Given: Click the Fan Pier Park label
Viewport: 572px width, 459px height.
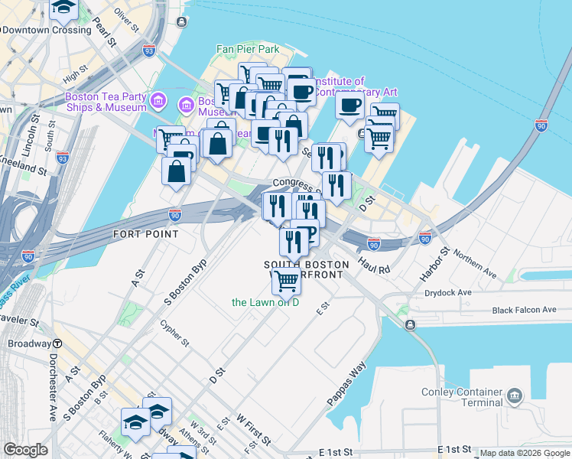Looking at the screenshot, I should click(248, 49).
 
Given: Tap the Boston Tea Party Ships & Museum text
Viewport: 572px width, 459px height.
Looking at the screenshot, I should click(106, 102).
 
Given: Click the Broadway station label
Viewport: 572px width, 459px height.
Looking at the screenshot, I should click(29, 344).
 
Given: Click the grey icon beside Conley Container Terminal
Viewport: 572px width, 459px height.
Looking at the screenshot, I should click(515, 396).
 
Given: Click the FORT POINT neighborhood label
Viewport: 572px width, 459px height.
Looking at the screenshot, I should click(145, 233).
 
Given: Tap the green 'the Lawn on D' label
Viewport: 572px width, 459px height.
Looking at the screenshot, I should click(265, 302).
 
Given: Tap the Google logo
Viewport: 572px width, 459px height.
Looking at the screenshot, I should click(26, 450).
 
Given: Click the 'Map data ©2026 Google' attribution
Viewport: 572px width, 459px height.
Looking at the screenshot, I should click(524, 453).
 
